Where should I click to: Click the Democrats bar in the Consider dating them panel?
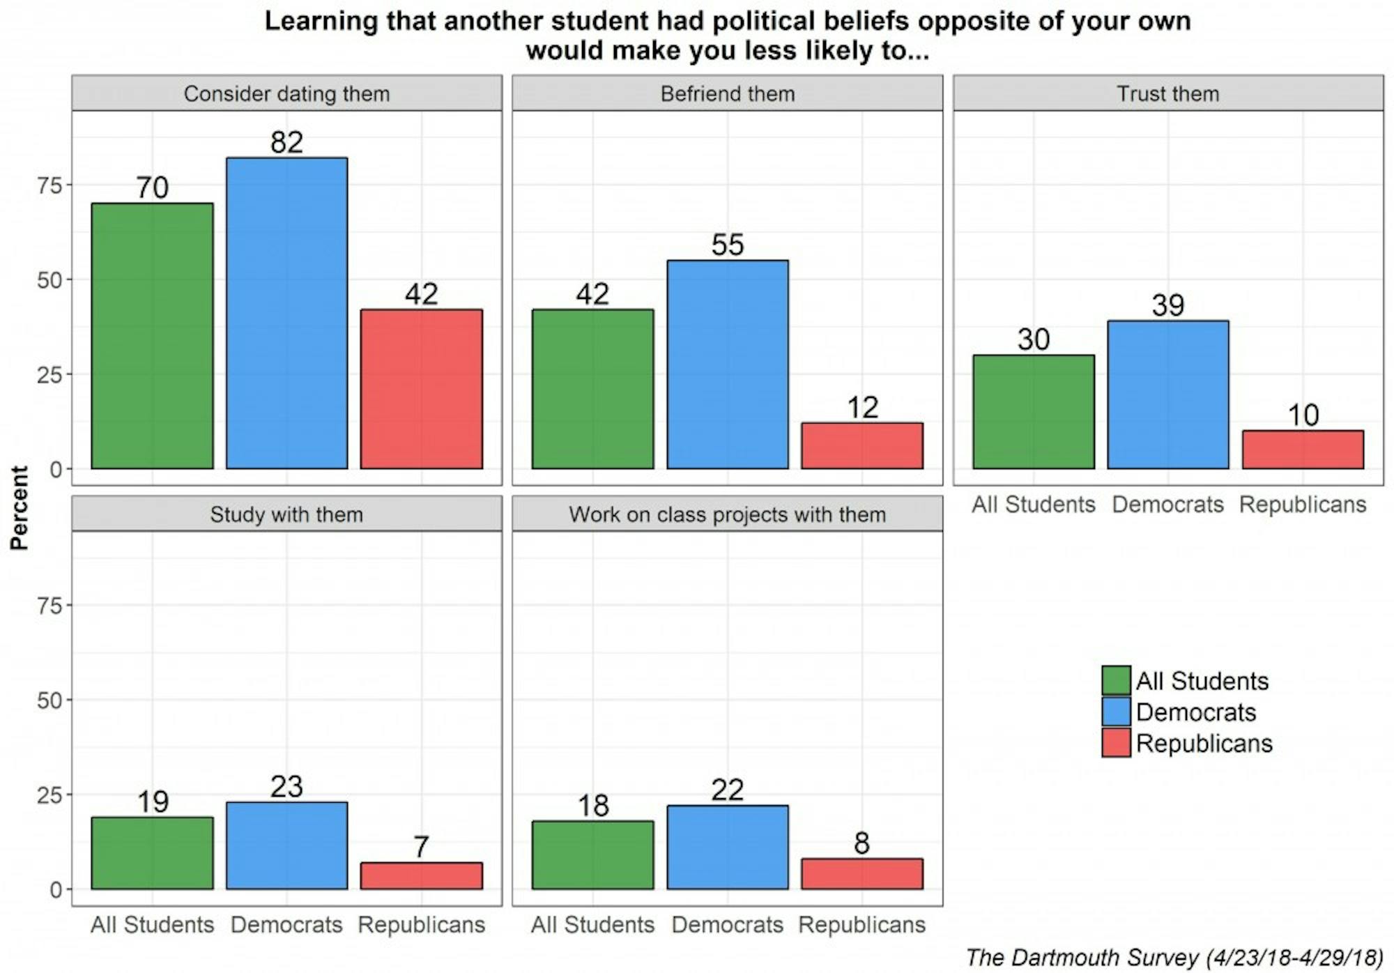286,313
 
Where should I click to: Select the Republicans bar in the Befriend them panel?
861,445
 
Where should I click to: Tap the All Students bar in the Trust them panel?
1033,412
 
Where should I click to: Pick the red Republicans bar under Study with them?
421,875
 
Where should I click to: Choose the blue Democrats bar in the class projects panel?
727,847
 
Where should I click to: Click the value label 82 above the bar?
286,142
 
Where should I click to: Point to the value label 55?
727,245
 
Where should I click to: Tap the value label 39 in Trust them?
1167,305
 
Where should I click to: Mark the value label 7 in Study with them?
421,847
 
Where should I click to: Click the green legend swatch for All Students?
1116,680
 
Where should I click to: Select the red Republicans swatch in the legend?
1116,743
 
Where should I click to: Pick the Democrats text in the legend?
1195,712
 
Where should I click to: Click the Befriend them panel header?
727,93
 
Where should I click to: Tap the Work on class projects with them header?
727,514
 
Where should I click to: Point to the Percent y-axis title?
20,507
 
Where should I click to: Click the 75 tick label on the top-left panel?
50,185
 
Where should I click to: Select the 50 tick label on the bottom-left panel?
50,700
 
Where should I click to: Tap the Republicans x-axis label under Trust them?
1302,504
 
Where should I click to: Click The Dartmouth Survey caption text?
1174,958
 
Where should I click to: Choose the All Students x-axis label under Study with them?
152,924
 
